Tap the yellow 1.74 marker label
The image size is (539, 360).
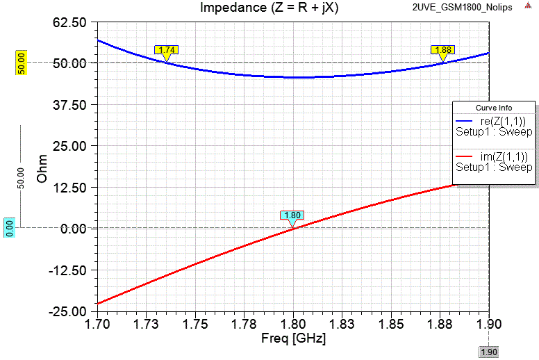pyautogui.click(x=167, y=49)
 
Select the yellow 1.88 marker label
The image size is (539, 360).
pyautogui.click(x=442, y=49)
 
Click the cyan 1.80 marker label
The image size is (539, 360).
pyautogui.click(x=293, y=215)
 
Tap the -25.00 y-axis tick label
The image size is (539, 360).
pyautogui.click(x=67, y=311)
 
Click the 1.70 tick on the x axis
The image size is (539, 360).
pyautogui.click(x=97, y=325)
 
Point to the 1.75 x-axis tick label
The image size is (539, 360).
pyautogui.click(x=195, y=325)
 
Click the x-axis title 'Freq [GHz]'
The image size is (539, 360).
pyautogui.click(x=293, y=339)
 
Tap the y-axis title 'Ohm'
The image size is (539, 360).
pyautogui.click(x=43, y=167)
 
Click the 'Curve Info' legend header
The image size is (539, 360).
pyautogui.click(x=493, y=108)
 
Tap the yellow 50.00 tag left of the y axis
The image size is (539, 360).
pyautogui.click(x=21, y=63)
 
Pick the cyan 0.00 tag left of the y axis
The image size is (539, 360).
pyautogui.click(x=9, y=228)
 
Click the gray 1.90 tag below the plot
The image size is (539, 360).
pyautogui.click(x=489, y=352)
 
